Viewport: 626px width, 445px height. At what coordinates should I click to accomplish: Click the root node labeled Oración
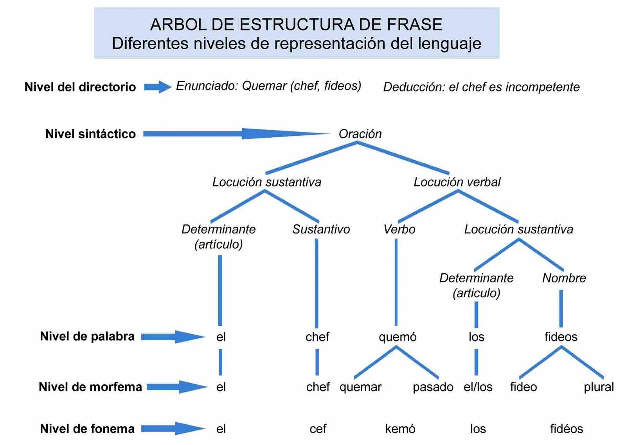(360, 134)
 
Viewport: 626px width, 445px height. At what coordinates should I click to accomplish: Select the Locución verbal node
(457, 182)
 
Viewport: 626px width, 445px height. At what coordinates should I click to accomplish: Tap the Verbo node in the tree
(399, 229)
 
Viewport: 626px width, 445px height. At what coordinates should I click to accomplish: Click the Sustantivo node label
(321, 229)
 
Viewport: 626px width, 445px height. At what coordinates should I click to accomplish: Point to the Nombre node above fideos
(564, 278)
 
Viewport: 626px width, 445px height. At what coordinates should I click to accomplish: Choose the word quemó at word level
(398, 337)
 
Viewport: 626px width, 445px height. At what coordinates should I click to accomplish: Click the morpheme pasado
(433, 387)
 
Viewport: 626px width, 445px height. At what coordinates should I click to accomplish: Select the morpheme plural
(599, 387)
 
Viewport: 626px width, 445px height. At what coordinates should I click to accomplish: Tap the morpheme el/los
(478, 387)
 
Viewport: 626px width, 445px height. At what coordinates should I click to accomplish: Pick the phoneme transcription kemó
(400, 429)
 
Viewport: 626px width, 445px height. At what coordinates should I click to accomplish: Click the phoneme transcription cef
(318, 429)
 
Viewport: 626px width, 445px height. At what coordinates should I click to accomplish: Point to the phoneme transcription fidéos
(566, 429)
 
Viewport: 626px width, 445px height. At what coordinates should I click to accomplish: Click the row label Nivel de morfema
(90, 387)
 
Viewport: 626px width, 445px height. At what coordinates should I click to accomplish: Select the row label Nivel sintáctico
(90, 134)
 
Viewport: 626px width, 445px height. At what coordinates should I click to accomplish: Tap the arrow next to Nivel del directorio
(157, 87)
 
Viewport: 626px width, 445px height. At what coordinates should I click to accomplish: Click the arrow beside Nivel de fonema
(173, 429)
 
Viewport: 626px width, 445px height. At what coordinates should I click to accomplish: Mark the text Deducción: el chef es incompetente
(481, 87)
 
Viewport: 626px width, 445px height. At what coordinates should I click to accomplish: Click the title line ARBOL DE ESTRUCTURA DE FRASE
(296, 24)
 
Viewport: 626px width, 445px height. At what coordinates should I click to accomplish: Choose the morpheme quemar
(360, 387)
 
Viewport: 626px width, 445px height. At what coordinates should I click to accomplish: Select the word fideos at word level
(561, 337)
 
